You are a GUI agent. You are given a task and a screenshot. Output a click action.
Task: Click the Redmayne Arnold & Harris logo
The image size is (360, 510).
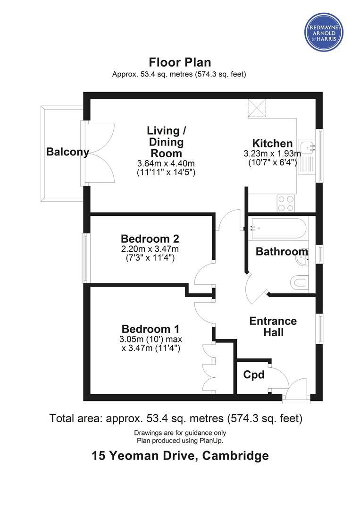[324, 32]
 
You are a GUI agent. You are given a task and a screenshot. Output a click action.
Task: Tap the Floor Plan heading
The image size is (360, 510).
[180, 62]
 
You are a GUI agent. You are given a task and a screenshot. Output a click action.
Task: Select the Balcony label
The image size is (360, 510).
[67, 152]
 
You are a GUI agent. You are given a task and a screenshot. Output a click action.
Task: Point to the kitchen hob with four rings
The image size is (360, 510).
[286, 203]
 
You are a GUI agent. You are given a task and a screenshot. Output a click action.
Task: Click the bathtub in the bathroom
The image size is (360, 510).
[277, 229]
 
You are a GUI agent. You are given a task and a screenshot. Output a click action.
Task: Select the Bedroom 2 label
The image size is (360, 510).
[150, 239]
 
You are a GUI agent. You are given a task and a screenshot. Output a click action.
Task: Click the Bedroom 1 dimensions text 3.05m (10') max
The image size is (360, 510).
[151, 339]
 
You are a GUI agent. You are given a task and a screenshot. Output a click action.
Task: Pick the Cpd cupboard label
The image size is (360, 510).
[254, 375]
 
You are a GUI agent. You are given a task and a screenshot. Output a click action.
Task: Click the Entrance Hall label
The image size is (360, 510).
[273, 327]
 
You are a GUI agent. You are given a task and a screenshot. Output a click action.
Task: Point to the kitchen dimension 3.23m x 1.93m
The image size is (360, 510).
[272, 153]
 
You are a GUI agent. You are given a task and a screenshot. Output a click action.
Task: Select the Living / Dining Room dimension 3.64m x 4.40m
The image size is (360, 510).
[166, 163]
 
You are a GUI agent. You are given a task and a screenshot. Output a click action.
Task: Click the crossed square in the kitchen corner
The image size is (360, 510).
[257, 108]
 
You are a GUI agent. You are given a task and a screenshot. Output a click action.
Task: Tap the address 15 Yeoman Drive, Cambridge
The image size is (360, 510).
[180, 455]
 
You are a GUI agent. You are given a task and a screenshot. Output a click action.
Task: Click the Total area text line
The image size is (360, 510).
[176, 418]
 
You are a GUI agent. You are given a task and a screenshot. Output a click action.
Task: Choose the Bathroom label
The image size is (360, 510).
[282, 251]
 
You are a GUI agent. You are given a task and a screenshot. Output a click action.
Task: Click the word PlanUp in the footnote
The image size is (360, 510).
[212, 441]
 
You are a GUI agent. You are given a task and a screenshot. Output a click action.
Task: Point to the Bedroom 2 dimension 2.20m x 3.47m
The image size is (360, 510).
[150, 249]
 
